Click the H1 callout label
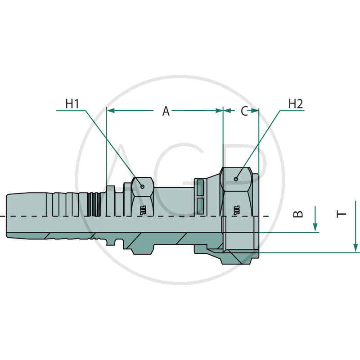click(72, 103)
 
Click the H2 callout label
click(295, 103)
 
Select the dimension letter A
click(166, 111)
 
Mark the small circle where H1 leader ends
click(142, 185)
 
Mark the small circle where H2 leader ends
click(237, 179)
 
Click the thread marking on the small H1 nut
click(143, 209)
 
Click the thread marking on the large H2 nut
click(235, 209)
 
